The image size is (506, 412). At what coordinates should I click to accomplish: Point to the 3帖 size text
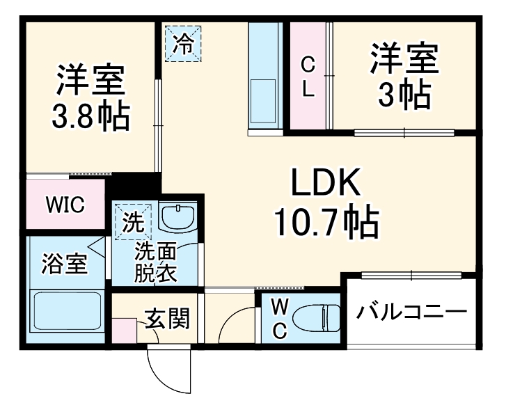pyautogui.click(x=404, y=96)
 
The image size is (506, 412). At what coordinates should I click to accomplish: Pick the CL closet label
pyautogui.click(x=308, y=77)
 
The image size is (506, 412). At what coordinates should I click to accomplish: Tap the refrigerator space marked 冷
pyautogui.click(x=183, y=43)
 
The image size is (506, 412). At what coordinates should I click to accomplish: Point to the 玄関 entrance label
pyautogui.click(x=167, y=319)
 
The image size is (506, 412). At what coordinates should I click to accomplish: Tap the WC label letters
pyautogui.click(x=278, y=319)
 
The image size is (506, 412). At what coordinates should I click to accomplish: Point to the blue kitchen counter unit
pyautogui.click(x=264, y=77)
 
